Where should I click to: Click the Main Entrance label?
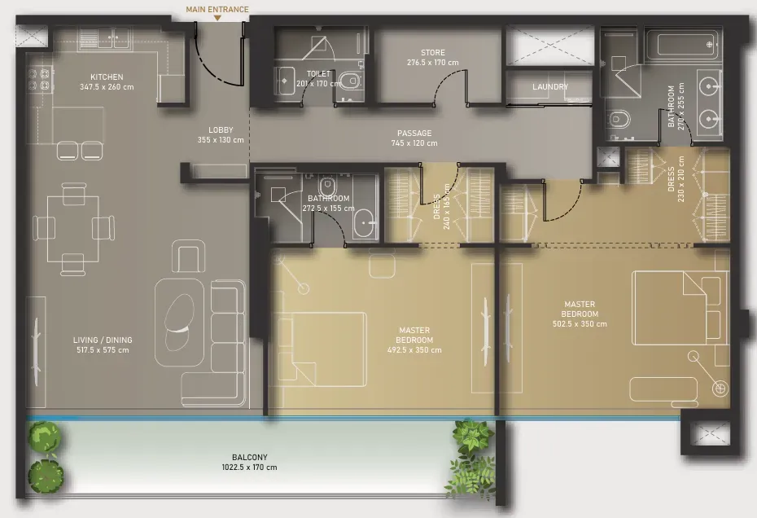point(217,9)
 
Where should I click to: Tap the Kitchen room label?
point(107,77)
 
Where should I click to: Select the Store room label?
point(432,52)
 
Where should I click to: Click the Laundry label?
point(550,87)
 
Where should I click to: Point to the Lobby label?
point(221,130)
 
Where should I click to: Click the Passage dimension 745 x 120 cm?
point(414,143)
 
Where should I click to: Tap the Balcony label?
point(250,457)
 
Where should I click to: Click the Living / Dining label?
point(103,340)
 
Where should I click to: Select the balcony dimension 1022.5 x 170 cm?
point(250,468)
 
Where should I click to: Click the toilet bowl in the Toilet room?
point(350,80)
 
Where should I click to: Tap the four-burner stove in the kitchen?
point(40,80)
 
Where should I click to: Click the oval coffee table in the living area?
point(179,322)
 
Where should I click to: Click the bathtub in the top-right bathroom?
point(683,45)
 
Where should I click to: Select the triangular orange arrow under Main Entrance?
point(217,18)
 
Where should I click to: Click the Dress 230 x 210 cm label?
point(676,179)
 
